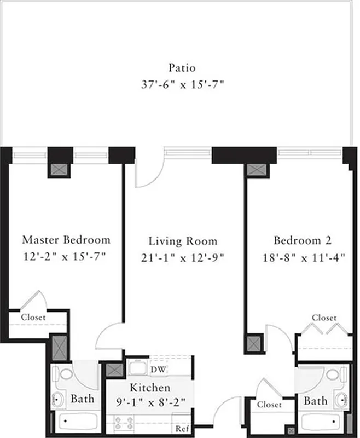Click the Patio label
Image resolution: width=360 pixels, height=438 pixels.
(x=182, y=68)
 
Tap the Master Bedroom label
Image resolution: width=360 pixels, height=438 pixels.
(x=66, y=240)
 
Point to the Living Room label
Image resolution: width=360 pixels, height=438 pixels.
(x=183, y=241)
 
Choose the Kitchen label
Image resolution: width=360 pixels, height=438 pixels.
(x=149, y=388)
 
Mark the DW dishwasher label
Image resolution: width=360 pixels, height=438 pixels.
(x=158, y=371)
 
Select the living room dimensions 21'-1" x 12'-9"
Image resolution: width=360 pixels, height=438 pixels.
(x=183, y=257)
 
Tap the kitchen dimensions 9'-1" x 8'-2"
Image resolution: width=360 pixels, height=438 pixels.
(x=149, y=402)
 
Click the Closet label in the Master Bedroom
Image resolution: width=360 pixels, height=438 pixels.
(x=33, y=317)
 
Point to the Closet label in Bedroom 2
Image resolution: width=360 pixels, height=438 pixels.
(x=324, y=318)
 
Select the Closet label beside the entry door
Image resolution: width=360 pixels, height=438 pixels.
(x=269, y=405)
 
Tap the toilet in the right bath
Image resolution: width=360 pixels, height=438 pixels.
(x=334, y=376)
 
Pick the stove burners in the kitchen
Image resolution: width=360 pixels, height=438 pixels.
(x=124, y=423)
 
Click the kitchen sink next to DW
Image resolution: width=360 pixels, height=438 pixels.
(x=137, y=368)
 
